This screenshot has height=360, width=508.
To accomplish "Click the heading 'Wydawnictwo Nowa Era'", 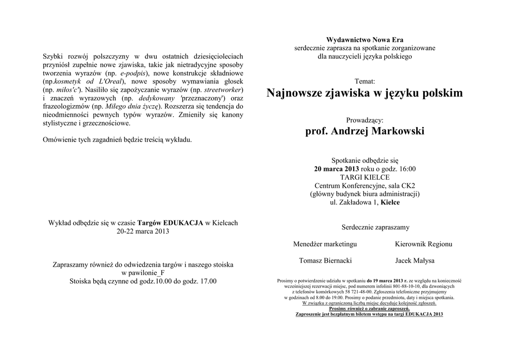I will tap(365, 40).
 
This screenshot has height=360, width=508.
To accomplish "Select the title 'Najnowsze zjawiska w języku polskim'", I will tap(365, 93).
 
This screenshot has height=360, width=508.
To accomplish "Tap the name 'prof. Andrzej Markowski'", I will tap(365, 132).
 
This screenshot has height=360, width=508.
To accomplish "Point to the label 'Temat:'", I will tap(365, 81).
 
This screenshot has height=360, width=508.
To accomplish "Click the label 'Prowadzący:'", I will tap(365, 120).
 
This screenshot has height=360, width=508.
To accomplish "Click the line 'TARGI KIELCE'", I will tap(365, 177).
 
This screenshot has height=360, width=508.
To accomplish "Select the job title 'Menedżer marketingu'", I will tap(325, 244).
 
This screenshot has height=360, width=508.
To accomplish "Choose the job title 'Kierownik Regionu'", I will tap(423, 244).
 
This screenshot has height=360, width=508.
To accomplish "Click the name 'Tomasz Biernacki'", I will tap(325, 261).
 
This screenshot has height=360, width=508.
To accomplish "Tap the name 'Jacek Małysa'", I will tap(415, 261).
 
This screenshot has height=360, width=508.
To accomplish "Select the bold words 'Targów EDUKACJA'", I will tap(170, 223).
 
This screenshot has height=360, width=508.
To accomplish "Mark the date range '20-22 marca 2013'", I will tap(143, 231).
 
